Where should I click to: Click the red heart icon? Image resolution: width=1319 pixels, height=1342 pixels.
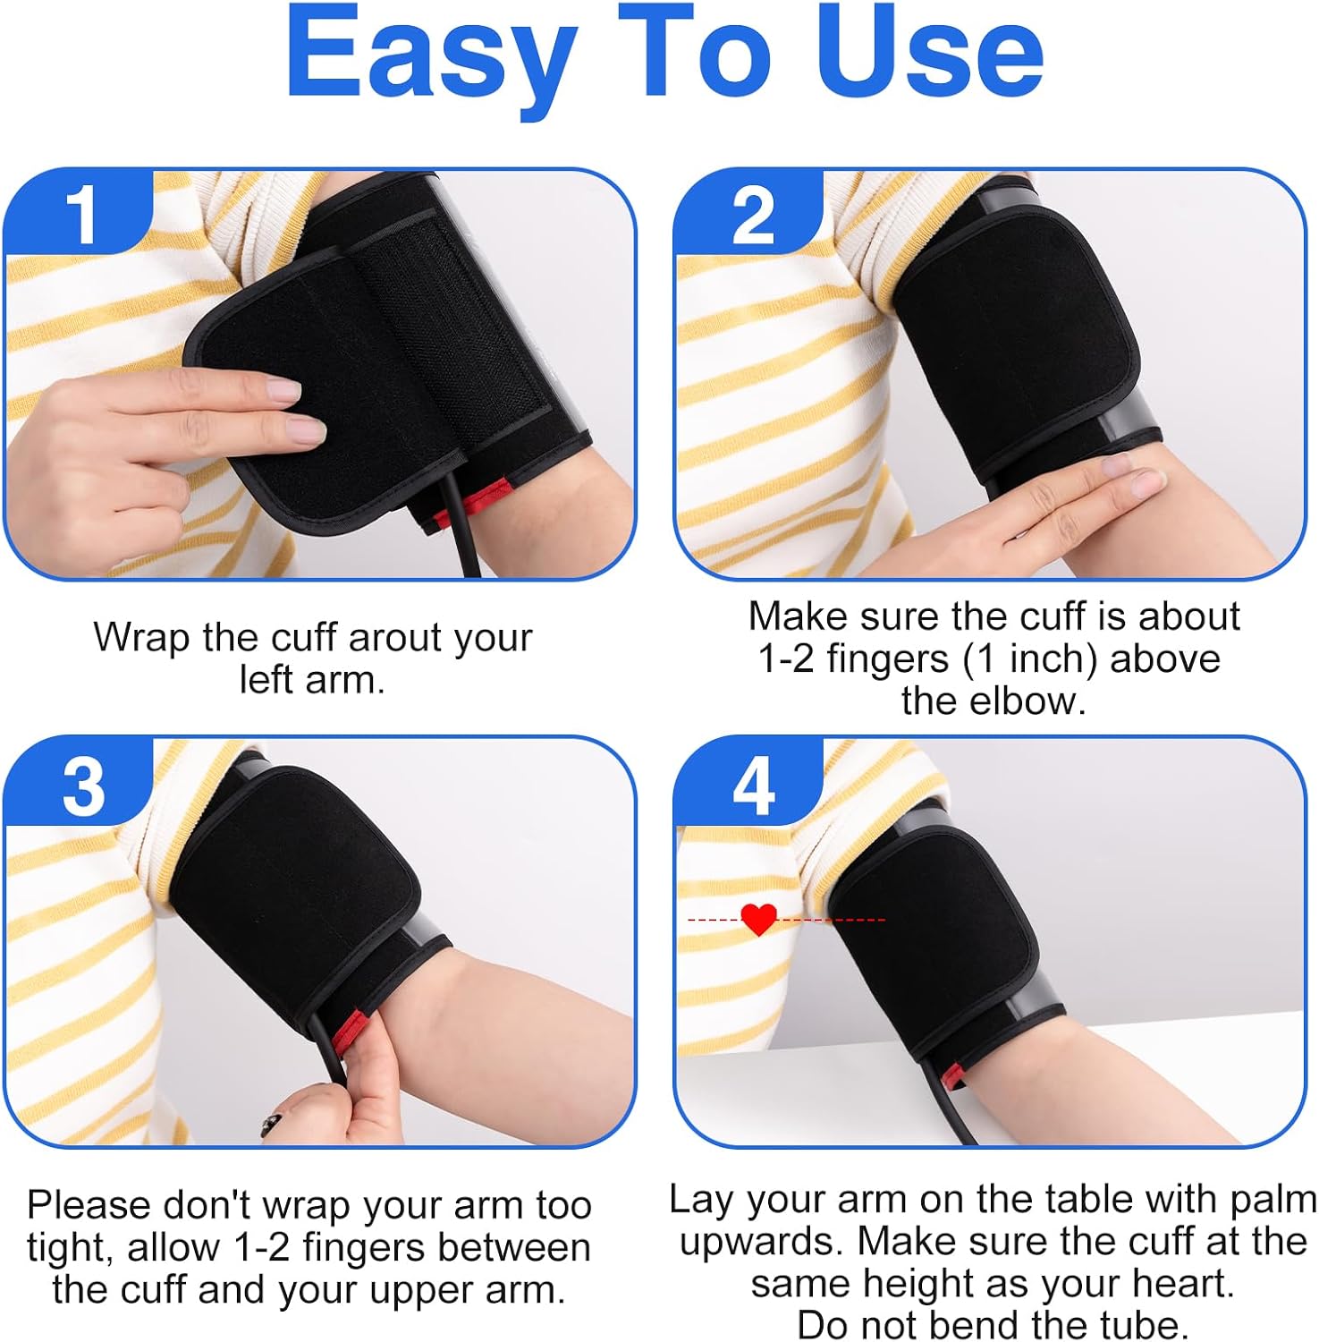(759, 919)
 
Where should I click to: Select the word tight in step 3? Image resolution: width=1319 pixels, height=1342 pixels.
(67, 1248)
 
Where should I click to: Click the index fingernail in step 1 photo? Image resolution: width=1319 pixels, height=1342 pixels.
(284, 390)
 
